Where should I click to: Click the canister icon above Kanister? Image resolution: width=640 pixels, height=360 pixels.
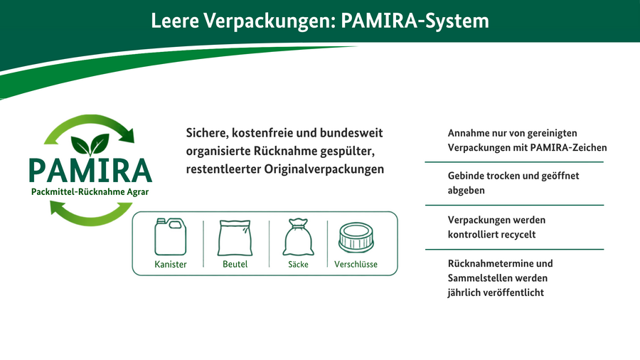(170, 237)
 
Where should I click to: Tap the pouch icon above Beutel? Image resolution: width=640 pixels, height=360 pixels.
(235, 238)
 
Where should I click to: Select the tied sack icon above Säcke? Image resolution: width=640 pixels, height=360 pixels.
(298, 237)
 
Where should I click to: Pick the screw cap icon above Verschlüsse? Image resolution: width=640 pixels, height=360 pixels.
(356, 238)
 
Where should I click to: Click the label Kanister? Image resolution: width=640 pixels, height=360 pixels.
(171, 264)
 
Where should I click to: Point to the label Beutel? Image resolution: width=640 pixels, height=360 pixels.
(235, 264)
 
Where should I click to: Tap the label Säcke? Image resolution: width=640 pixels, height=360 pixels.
(298, 264)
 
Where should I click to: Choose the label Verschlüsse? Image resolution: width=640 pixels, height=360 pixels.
(356, 264)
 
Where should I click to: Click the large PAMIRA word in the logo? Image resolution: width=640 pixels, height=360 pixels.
(90, 171)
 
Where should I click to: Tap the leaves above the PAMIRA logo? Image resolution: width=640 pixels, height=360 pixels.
(90, 144)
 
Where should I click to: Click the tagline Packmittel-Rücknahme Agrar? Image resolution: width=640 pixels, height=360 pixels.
(90, 192)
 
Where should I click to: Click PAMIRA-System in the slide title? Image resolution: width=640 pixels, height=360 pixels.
(415, 21)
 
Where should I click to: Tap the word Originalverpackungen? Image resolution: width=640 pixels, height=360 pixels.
(324, 169)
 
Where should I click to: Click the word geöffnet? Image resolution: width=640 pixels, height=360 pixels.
(560, 176)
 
